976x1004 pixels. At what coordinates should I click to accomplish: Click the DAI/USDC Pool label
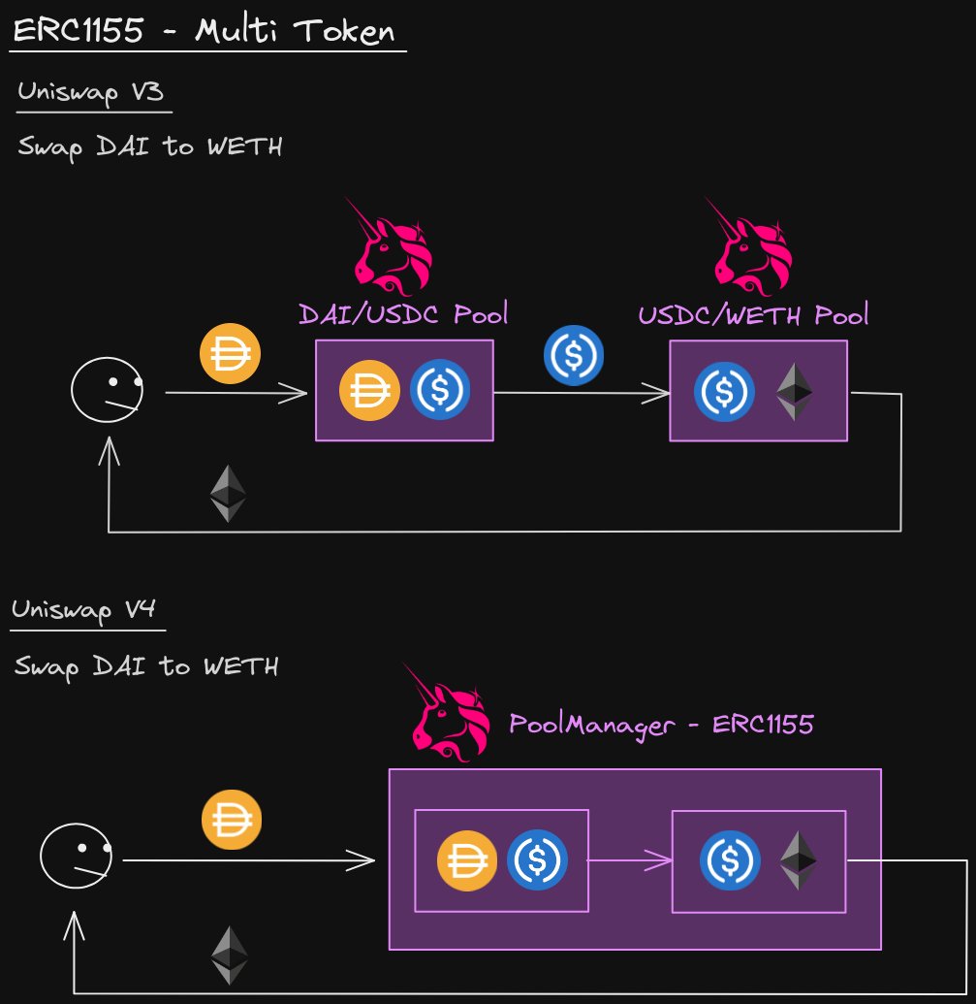coord(403,314)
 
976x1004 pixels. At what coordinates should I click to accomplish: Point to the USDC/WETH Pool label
coord(753,314)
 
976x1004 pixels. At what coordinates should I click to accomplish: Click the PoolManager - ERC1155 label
coord(661,724)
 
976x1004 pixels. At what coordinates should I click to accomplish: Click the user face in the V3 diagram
coord(107,390)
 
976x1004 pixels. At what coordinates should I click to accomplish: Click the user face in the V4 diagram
coord(75,857)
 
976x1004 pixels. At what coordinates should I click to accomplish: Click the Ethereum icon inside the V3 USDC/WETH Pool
coord(795,392)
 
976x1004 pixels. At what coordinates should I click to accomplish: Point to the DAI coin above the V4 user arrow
coord(232,821)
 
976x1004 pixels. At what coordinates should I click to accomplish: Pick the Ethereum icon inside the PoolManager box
coord(799,859)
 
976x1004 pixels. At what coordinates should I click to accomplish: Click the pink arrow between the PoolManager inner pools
coord(630,859)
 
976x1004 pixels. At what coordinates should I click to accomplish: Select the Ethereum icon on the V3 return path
coord(228,493)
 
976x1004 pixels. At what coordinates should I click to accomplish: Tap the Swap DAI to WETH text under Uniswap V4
coord(147,666)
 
